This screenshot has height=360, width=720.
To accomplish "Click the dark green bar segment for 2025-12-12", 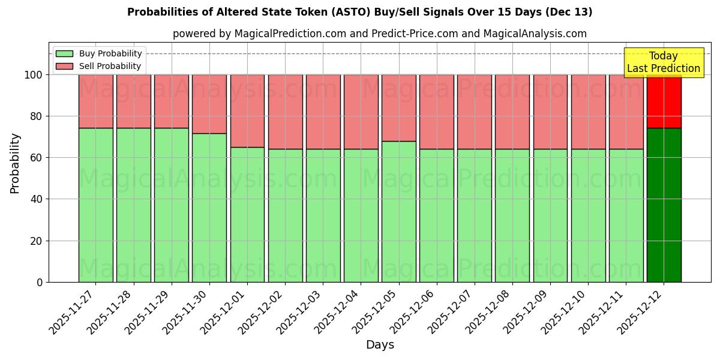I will pyautogui.click(x=664, y=205).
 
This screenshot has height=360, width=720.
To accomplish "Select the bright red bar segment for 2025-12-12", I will pyautogui.click(x=664, y=102).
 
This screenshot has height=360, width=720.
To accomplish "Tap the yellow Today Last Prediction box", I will pyautogui.click(x=664, y=62).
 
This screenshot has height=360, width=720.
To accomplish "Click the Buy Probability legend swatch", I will pyautogui.click(x=64, y=53).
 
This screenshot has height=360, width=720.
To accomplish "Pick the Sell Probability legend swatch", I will pyautogui.click(x=64, y=66).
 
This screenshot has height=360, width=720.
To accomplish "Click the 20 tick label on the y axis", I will pyautogui.click(x=37, y=241).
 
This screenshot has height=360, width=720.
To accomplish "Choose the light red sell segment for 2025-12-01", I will pyautogui.click(x=247, y=111).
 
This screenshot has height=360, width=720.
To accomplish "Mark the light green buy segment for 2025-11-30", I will pyautogui.click(x=209, y=208).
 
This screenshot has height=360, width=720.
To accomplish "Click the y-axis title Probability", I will pyautogui.click(x=15, y=163).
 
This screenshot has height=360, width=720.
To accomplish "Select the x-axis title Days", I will pyautogui.click(x=380, y=345).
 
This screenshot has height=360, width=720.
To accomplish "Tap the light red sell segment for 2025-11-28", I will pyautogui.click(x=134, y=101).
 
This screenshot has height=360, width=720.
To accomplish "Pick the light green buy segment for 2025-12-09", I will pyautogui.click(x=550, y=215).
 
